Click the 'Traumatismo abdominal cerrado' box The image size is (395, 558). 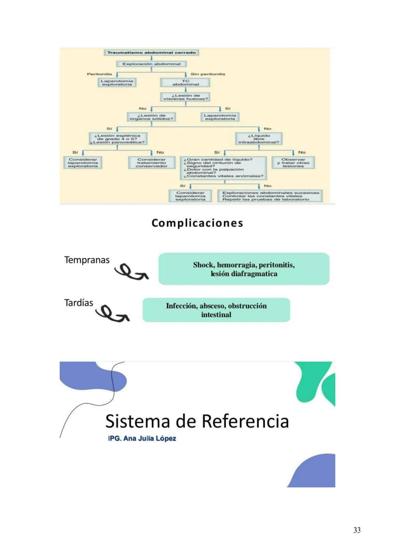pyautogui.click(x=151, y=53)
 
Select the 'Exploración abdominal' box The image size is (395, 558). pyautogui.click(x=151, y=64)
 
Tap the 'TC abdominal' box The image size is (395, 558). pyautogui.click(x=185, y=83)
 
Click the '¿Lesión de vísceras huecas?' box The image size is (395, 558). pyautogui.click(x=185, y=97)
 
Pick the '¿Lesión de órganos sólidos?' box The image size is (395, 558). pyautogui.click(x=151, y=117)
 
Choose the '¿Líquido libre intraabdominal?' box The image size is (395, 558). pyautogui.click(x=259, y=139)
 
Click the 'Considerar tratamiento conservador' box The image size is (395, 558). pyautogui.click(x=151, y=163)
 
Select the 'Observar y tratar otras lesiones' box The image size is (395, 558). pyautogui.click(x=293, y=163)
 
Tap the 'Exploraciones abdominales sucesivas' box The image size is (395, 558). pyautogui.click(x=270, y=196)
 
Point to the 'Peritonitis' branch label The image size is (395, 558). pyautogui.click(x=99, y=74)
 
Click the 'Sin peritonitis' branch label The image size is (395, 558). pyautogui.click(x=208, y=74)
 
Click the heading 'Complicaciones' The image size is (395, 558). pyautogui.click(x=197, y=223)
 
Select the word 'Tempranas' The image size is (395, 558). pyautogui.click(x=87, y=260)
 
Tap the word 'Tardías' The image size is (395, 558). pyautogui.click(x=79, y=303)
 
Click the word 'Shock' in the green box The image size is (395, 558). pyautogui.click(x=204, y=265)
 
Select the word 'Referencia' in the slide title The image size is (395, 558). pyautogui.click(x=245, y=421)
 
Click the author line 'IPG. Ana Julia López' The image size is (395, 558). pyautogui.click(x=142, y=438)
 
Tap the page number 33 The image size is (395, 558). pyautogui.click(x=357, y=530)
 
